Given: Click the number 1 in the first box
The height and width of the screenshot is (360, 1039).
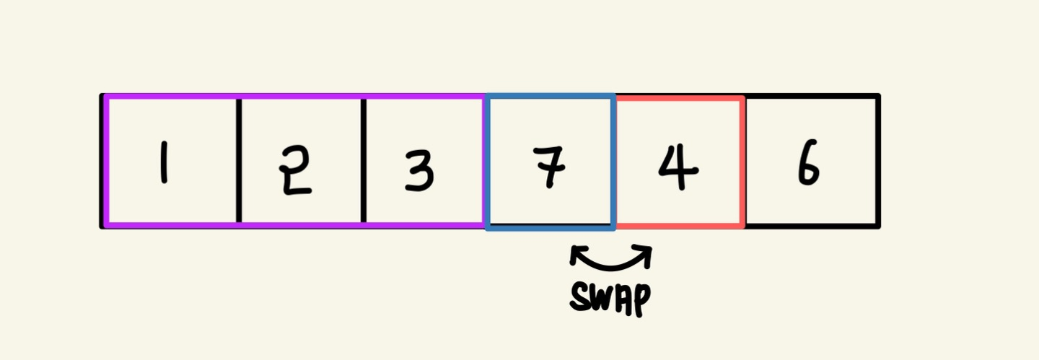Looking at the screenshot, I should pos(164,163).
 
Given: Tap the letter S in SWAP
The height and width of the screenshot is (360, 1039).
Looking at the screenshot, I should pos(582,296).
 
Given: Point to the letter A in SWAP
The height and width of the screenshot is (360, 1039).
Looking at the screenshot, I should pos(623,297).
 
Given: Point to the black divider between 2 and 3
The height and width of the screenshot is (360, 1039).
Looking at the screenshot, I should pos(364,160).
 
